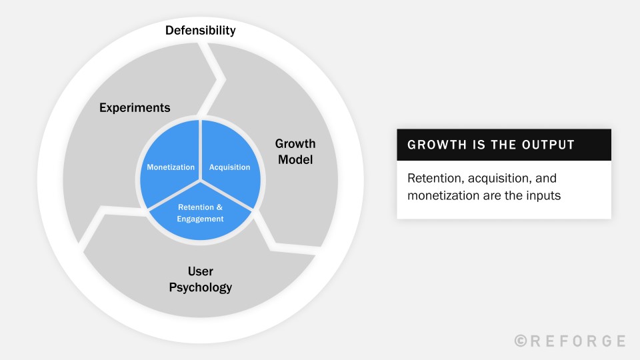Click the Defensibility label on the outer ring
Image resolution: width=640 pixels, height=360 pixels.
coord(201,31)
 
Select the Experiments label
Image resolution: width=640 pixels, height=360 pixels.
coord(135,107)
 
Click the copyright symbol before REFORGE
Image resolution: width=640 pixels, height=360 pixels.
coord(521,341)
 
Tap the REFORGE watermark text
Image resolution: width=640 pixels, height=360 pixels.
coord(577,341)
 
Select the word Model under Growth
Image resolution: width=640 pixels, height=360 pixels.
coord(295,160)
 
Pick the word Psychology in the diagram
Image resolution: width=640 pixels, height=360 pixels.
coord(200,288)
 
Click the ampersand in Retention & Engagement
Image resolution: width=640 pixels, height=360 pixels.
coord(219,207)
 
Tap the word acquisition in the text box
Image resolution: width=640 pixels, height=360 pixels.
coord(494,179)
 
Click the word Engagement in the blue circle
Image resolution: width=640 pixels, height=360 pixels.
coord(200,219)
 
